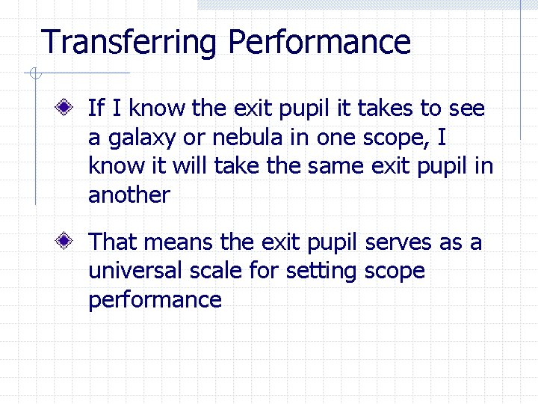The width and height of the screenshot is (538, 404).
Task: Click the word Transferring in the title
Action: pyautogui.click(x=129, y=42)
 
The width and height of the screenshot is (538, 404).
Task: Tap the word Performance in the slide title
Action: pyautogui.click(x=319, y=42)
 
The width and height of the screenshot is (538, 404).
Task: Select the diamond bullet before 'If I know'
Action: pyautogui.click(x=67, y=108)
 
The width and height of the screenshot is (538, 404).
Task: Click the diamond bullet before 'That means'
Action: pyautogui.click(x=67, y=242)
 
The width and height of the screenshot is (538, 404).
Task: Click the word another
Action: pyautogui.click(x=129, y=195)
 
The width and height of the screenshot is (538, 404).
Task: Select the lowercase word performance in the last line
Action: pyautogui.click(x=155, y=300)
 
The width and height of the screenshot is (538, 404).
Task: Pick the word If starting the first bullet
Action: pyautogui.click(x=96, y=109)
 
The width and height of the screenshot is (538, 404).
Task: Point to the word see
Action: pyautogui.click(x=468, y=109)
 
